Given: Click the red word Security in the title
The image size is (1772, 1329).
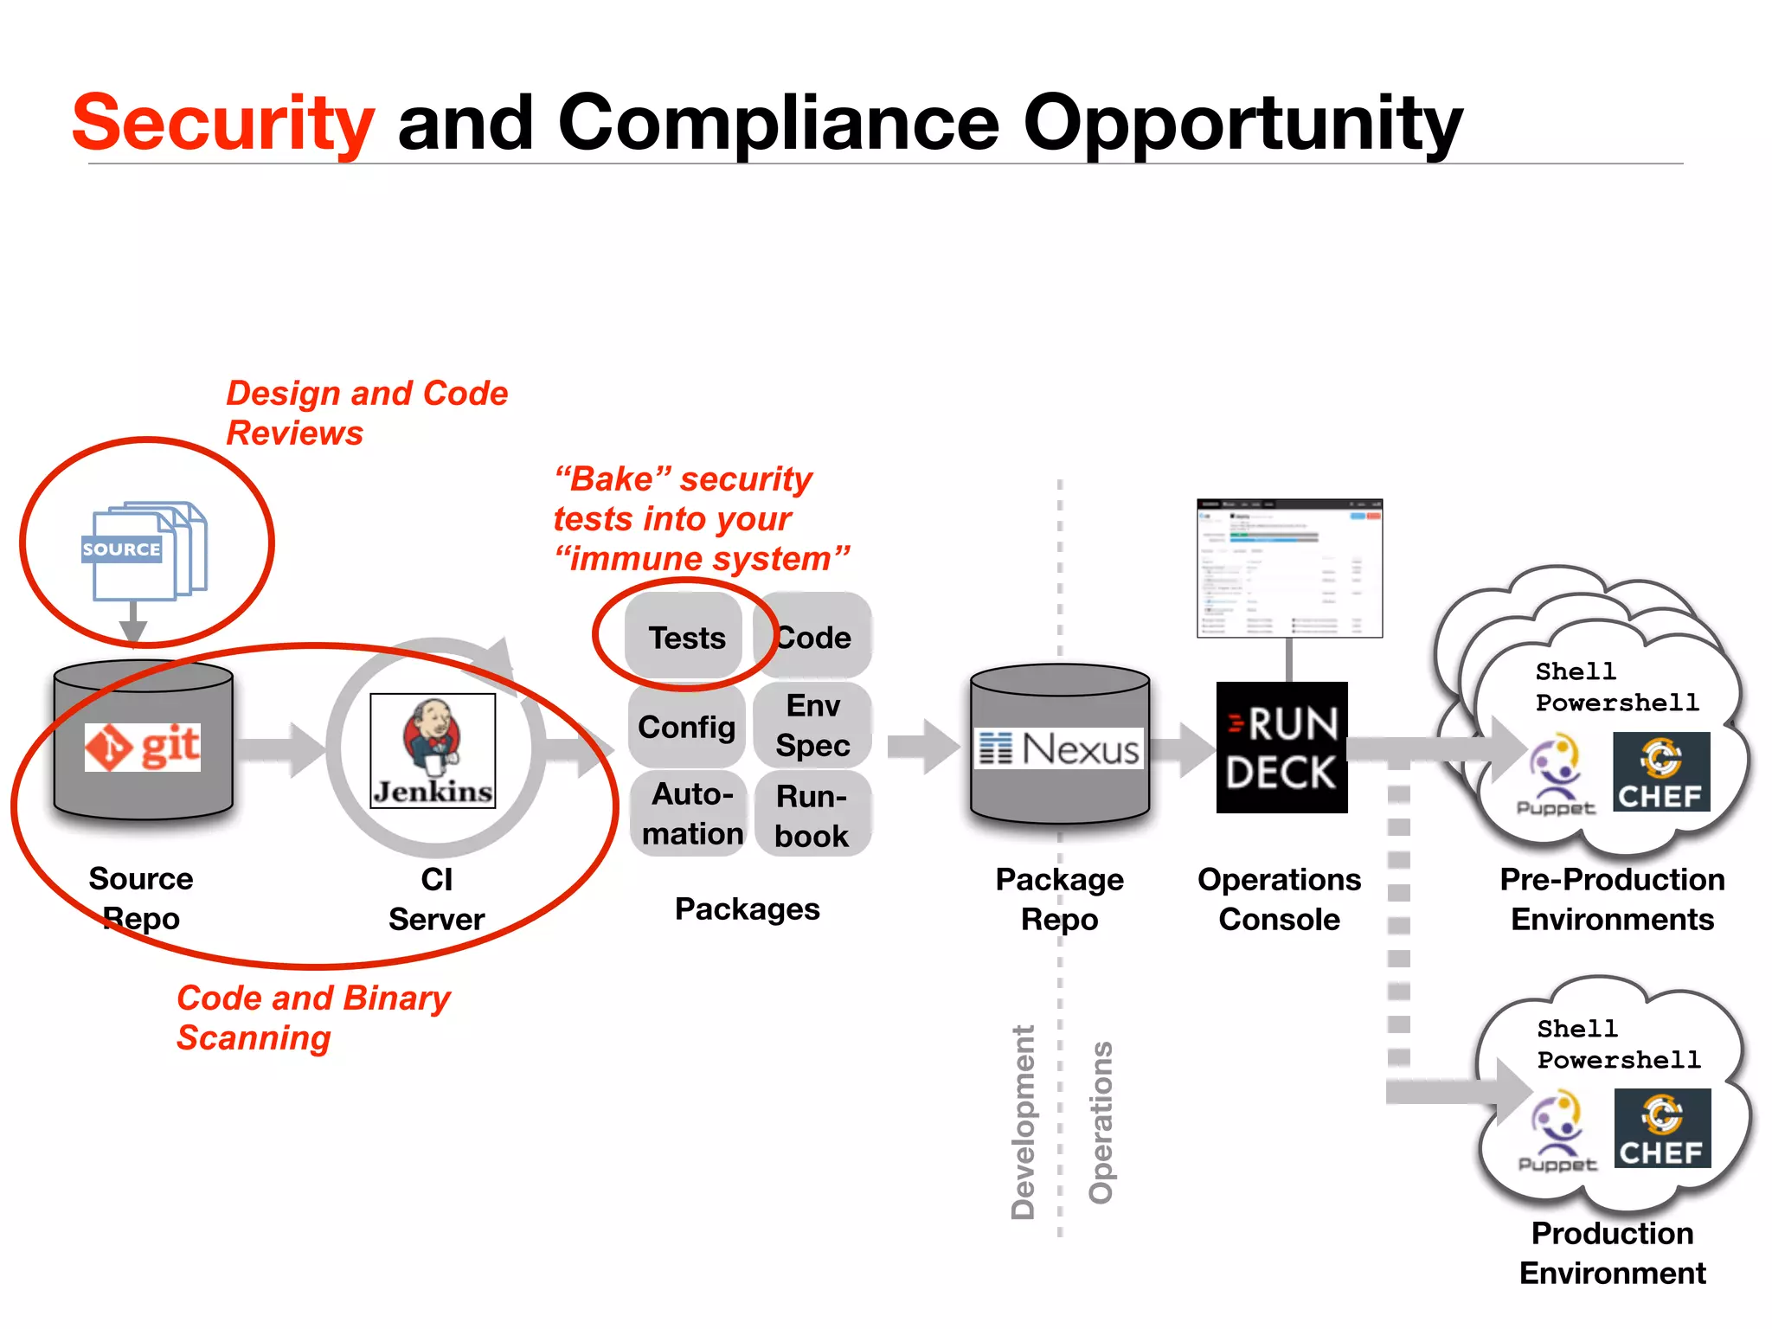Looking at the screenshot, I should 223,124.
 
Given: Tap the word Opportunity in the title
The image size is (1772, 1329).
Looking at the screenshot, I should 1242,124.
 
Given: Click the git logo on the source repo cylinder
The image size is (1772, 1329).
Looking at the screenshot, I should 143,747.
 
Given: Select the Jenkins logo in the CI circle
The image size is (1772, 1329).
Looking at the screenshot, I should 433,750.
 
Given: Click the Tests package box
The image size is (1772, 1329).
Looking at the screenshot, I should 685,638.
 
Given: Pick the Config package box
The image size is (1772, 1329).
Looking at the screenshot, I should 686,727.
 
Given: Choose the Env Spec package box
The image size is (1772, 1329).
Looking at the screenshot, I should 812,725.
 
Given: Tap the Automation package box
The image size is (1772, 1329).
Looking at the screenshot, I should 691,813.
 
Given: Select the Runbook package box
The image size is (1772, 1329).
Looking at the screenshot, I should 812,815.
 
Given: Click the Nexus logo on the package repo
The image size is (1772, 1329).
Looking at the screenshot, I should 1060,748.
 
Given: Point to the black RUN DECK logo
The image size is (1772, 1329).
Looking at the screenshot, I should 1281,748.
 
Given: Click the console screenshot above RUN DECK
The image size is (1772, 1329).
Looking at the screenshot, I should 1289,568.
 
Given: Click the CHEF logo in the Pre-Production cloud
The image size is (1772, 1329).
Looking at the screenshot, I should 1661,772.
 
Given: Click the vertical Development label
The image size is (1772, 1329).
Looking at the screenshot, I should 1023,1122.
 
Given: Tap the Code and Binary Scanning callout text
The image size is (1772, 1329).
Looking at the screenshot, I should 313,1018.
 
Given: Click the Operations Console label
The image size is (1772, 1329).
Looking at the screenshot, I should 1279,899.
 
